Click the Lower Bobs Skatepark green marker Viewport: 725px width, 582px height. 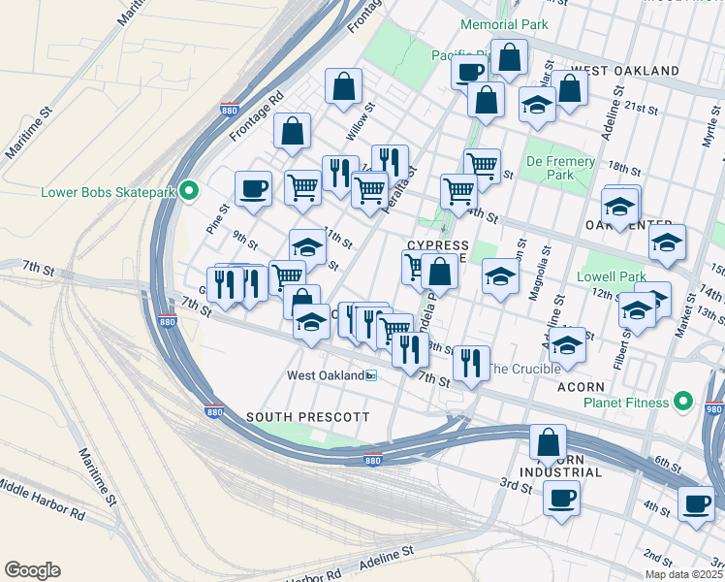[x=189, y=191]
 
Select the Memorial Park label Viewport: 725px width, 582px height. [x=504, y=24]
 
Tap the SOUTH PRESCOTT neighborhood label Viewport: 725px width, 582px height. [x=307, y=416]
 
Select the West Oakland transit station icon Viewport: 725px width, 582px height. [x=370, y=375]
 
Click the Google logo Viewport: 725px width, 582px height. [x=32, y=569]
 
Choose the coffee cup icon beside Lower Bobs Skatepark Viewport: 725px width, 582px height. [x=254, y=188]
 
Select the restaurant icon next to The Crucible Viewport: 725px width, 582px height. [x=471, y=364]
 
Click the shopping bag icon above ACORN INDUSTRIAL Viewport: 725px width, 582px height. [x=548, y=441]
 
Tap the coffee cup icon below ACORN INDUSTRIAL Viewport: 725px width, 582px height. [x=561, y=499]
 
